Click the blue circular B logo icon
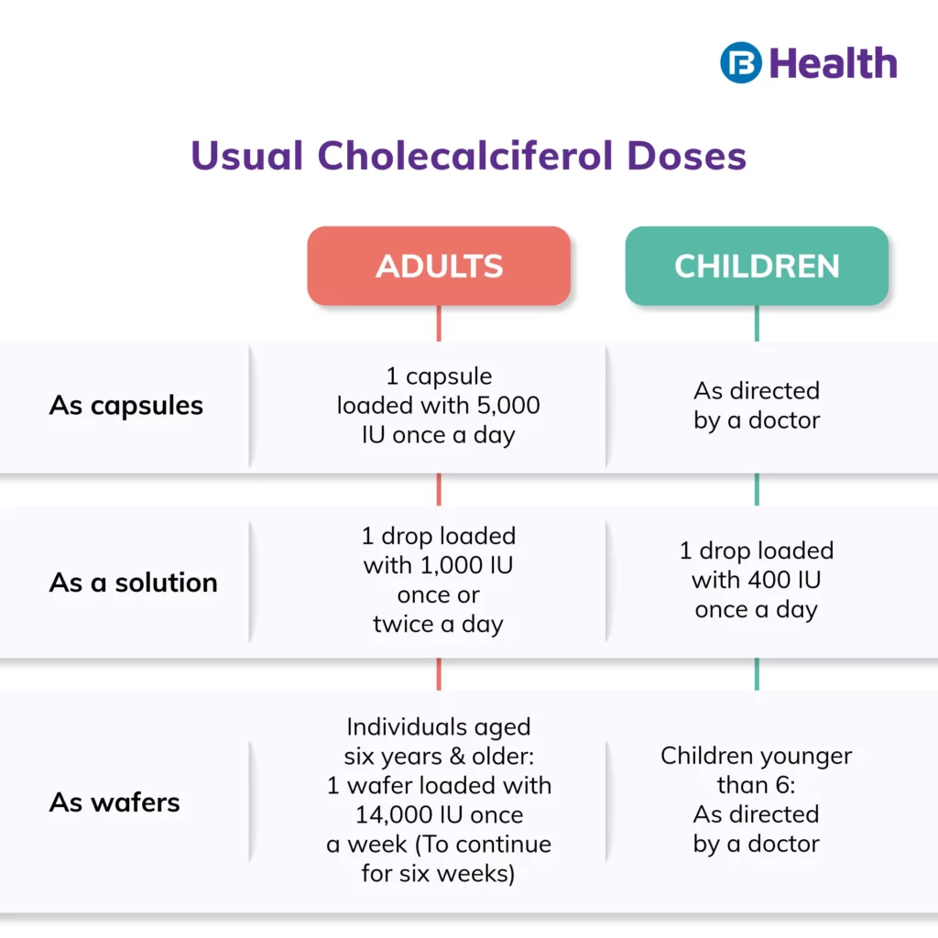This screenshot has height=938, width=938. [x=740, y=62]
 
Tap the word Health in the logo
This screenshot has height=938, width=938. [x=833, y=63]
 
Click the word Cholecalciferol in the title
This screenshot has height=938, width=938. [x=465, y=156]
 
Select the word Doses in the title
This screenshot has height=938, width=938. [x=687, y=156]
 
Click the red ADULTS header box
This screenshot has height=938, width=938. [x=439, y=266]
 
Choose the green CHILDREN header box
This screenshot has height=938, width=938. [x=757, y=266]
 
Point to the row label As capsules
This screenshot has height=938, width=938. [x=126, y=406]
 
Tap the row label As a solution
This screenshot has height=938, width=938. [x=134, y=582]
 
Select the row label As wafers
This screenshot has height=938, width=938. [x=115, y=802]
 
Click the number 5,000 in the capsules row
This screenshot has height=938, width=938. [x=508, y=406]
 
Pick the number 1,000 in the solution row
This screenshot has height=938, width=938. [x=452, y=565]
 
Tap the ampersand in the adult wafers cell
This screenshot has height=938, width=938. [x=457, y=756]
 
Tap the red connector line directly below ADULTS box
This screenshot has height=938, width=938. [x=439, y=323]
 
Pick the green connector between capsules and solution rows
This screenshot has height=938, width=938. [x=757, y=489]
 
